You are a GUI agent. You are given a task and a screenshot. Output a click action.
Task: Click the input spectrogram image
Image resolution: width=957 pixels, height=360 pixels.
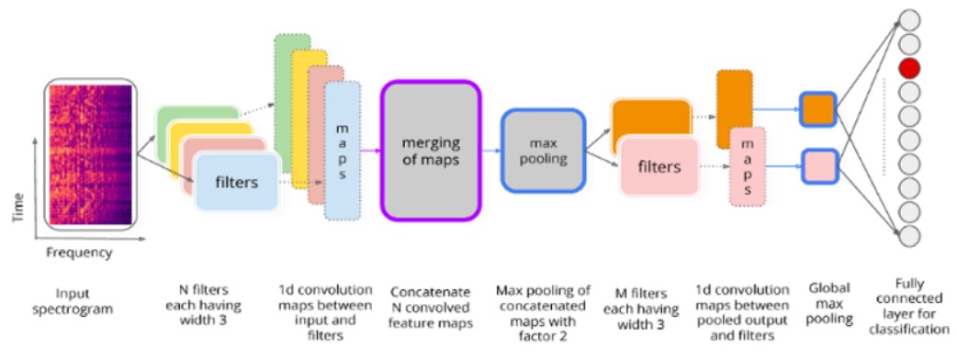[89, 157]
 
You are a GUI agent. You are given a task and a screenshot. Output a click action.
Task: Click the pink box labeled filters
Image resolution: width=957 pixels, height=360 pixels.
[659, 167]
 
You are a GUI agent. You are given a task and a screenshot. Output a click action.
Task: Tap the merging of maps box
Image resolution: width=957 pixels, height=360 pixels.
[430, 151]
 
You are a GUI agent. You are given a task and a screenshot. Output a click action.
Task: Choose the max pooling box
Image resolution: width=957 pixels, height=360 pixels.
[543, 151]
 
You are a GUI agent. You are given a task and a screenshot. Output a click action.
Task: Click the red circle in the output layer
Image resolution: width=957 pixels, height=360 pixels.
[909, 67]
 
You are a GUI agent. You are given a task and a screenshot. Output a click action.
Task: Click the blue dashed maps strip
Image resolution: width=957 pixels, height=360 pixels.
[343, 151]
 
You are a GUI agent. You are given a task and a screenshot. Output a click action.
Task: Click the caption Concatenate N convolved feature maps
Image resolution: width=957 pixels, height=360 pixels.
[430, 310]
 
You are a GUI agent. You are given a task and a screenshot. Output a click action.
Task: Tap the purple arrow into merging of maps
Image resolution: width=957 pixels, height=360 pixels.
[370, 151]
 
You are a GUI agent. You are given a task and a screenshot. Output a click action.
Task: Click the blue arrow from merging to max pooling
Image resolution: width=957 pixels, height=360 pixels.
[491, 151]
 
